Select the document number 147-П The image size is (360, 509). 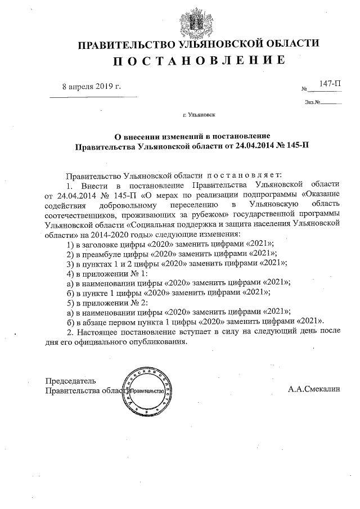[330, 83]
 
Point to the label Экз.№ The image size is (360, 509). [313, 102]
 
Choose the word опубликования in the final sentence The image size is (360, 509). [148, 341]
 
